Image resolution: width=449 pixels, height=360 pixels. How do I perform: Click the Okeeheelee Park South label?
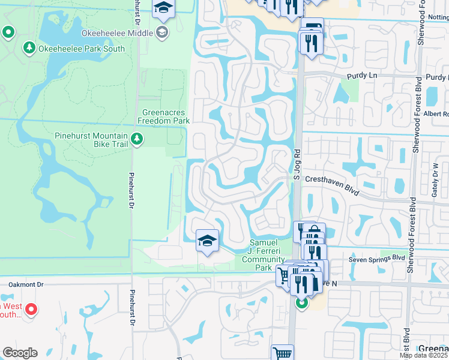[82, 49]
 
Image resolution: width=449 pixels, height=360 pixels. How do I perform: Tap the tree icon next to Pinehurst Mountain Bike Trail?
[137, 140]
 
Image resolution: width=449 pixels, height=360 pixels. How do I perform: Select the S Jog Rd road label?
[295, 161]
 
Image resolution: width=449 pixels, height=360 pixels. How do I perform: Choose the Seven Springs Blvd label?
[377, 259]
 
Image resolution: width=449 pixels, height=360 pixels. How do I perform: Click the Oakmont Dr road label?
[26, 284]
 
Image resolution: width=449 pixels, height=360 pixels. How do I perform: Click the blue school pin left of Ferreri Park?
[207, 241]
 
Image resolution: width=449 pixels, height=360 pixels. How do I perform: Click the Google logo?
[20, 353]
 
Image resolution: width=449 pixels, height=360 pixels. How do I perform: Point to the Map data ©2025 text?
[424, 355]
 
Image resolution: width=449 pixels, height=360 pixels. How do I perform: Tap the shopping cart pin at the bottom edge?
[282, 352]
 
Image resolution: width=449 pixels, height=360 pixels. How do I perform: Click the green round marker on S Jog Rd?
[301, 303]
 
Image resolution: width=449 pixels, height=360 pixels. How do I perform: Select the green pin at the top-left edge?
[8, 32]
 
